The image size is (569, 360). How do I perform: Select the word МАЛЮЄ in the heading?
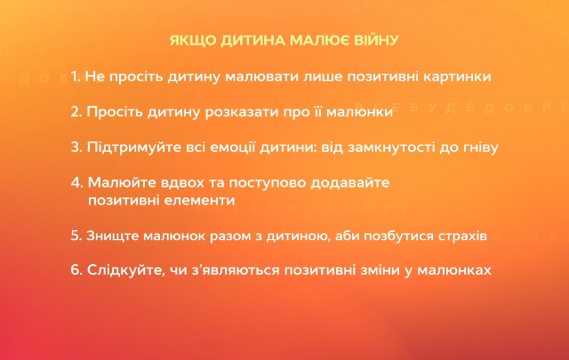310,40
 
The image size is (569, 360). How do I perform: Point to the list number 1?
74,76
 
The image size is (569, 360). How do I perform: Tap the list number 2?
76,113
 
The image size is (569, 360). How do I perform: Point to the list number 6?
76,268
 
